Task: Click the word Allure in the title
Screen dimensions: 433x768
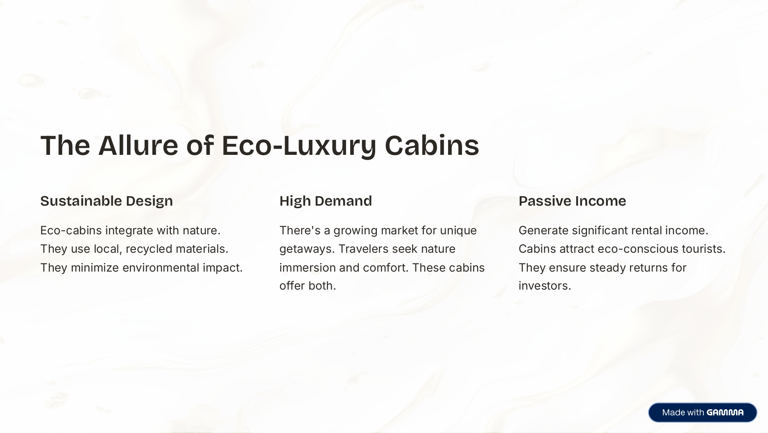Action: point(138,145)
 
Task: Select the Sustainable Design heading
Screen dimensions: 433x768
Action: point(106,201)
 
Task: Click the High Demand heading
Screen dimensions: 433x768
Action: point(326,201)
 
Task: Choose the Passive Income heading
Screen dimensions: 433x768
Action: point(572,201)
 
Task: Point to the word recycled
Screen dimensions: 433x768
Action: point(149,249)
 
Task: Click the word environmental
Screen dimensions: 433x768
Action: point(161,268)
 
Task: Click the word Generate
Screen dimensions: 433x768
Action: point(543,231)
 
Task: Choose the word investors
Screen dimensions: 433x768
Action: point(544,286)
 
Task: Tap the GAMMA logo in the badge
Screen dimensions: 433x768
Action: point(725,413)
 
